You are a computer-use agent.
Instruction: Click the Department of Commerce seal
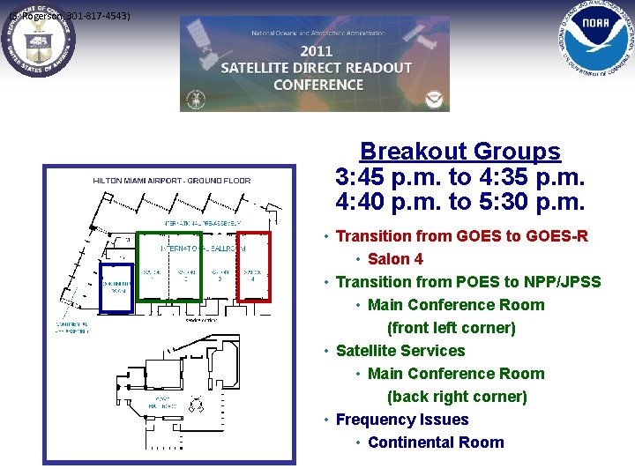(x=38, y=41)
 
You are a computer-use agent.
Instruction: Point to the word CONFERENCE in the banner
(x=318, y=85)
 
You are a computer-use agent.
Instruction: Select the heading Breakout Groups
(x=459, y=152)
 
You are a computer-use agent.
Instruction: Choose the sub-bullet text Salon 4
(x=395, y=259)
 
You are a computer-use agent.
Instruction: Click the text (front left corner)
(x=451, y=328)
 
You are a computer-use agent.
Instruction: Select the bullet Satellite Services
(x=400, y=351)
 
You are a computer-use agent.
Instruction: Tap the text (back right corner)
(x=457, y=397)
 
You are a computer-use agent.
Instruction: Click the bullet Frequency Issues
(x=402, y=420)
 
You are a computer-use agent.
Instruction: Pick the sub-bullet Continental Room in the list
(x=436, y=443)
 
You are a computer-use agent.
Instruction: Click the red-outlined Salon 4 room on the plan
(x=254, y=266)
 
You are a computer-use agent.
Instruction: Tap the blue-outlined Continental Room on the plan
(x=116, y=287)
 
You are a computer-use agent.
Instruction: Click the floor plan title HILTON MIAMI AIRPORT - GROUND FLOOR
(x=172, y=181)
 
